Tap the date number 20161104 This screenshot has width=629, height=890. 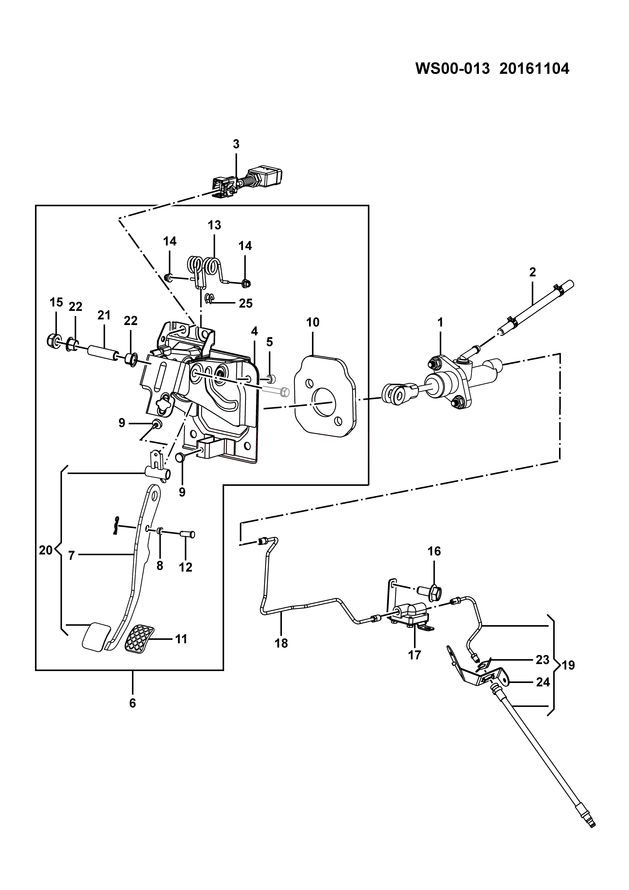pos(534,69)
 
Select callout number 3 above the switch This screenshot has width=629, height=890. pos(236,144)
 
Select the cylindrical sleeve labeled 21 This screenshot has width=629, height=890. pos(102,353)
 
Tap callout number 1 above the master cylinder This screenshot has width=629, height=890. pos(440,322)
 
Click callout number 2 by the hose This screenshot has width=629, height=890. pos(533,272)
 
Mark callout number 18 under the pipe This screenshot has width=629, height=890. pos(282,643)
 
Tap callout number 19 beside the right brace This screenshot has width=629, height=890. pos(568,665)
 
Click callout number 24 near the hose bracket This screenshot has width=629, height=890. pos(543,682)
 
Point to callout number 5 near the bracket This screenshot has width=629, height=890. pos(269,342)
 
